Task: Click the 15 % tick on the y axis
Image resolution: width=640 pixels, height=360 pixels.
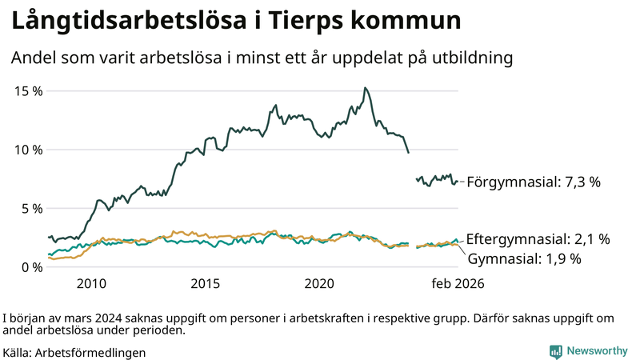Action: (28, 91)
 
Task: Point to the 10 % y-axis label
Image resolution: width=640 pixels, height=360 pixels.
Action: (28, 150)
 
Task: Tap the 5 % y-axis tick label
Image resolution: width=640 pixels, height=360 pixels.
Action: (31, 209)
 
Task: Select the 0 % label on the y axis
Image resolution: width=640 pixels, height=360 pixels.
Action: (31, 267)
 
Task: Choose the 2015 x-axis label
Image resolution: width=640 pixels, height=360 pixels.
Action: (206, 284)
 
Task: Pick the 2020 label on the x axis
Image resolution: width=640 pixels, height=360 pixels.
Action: (320, 284)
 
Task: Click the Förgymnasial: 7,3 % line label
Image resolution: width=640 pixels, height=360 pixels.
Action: (533, 182)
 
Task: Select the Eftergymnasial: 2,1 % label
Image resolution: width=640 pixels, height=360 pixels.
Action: (538, 238)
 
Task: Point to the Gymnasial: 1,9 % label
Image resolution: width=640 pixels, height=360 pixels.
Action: (524, 258)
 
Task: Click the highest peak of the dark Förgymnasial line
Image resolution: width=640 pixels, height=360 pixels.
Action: (365, 88)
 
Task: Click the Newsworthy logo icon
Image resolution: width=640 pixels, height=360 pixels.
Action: (555, 351)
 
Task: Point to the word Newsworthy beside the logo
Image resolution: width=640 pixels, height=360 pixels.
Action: (597, 351)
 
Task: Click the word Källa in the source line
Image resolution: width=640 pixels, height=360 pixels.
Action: (17, 352)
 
